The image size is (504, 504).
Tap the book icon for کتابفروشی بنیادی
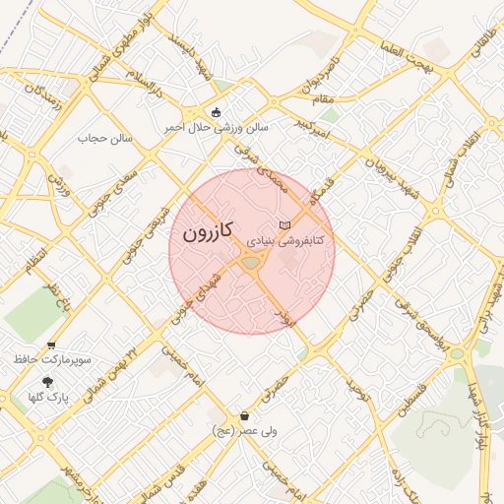(285, 225)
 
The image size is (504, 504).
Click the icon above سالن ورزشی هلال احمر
(217, 112)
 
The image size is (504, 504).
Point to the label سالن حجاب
(98, 139)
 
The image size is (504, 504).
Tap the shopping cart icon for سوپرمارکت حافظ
(51, 346)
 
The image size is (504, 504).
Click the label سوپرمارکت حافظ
(53, 360)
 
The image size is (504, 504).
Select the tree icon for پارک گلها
(46, 382)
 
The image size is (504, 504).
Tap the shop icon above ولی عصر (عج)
(244, 416)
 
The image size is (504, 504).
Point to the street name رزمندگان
(43, 98)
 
